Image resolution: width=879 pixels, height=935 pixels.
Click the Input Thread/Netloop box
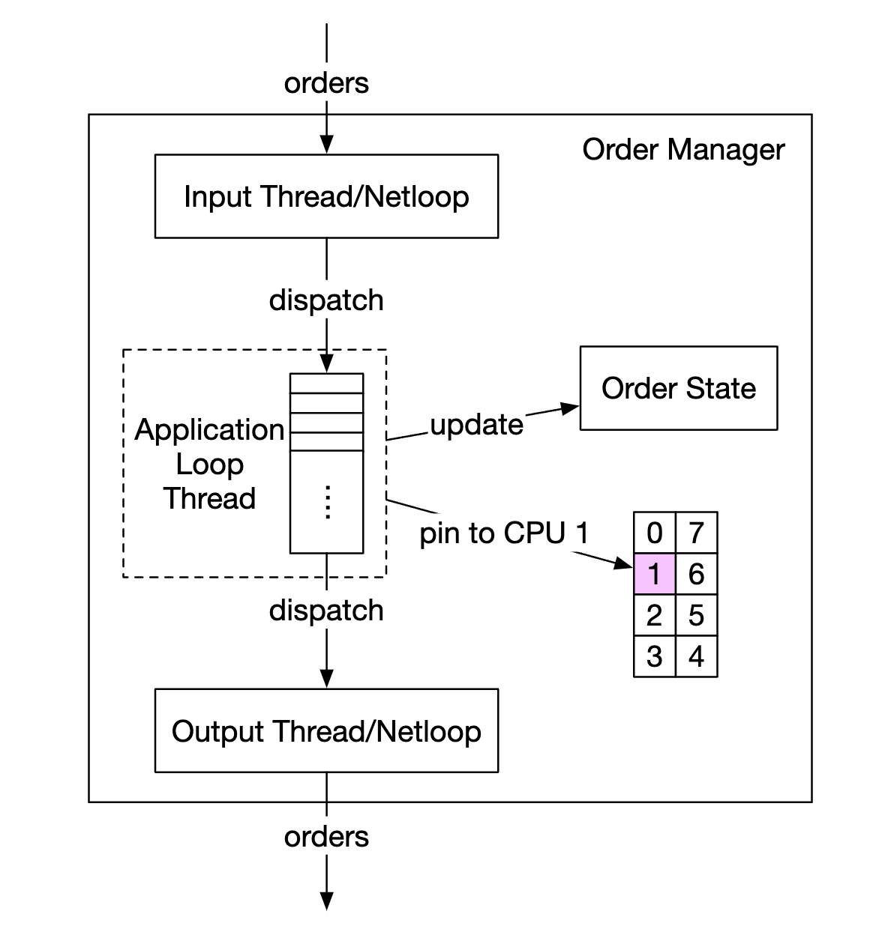326,196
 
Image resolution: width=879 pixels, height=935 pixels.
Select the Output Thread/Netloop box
326,730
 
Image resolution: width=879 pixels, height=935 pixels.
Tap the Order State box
678,388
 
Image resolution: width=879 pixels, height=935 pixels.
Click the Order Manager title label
682,150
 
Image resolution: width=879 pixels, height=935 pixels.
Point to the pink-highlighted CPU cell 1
654,574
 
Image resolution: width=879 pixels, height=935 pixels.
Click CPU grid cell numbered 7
696,533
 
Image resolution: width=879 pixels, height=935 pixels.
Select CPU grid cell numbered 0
654,533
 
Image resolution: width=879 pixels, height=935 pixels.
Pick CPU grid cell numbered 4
696,656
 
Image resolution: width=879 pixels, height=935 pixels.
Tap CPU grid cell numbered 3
654,656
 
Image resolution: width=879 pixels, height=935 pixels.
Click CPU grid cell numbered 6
696,574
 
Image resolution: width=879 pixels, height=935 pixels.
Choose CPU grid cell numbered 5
696,615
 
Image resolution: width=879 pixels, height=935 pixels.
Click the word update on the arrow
476,425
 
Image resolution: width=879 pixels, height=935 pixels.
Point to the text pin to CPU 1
503,533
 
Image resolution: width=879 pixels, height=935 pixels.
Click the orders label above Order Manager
326,82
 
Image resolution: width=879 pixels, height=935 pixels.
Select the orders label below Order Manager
326,836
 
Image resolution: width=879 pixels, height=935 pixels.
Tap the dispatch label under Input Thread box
326,300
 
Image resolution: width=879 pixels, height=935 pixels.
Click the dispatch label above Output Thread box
326,610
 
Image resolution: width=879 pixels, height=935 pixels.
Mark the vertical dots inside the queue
327,502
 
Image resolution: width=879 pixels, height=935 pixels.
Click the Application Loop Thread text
209,464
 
